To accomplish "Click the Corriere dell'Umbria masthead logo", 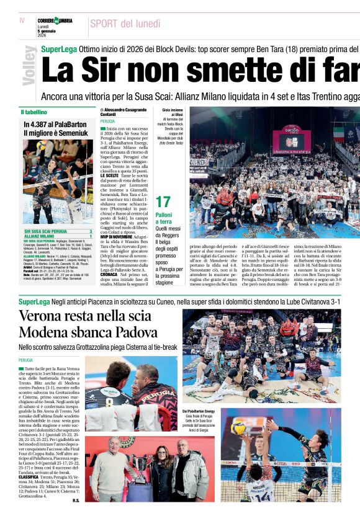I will pyautogui.click(x=55, y=21).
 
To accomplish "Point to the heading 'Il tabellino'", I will pyautogui.click(x=34, y=112).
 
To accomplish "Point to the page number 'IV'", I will pyautogui.click(x=22, y=21).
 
